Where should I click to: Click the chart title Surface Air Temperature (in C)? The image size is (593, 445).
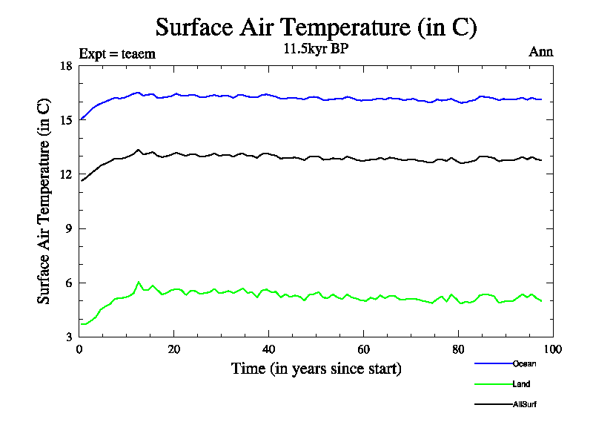pos(316,27)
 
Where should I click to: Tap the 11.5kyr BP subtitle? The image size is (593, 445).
pos(316,50)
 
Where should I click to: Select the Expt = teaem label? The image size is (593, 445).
pos(117,53)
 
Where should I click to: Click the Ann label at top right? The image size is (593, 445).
pos(541,52)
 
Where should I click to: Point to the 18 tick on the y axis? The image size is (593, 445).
pos(65,66)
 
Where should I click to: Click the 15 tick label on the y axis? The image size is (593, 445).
pos(65,120)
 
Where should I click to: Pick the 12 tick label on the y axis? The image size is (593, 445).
pos(65,174)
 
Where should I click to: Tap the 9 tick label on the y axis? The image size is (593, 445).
pos(68,228)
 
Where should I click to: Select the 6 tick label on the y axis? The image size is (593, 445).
pos(68,283)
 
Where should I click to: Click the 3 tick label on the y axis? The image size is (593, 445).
pos(68,337)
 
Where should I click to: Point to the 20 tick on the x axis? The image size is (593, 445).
pos(174,349)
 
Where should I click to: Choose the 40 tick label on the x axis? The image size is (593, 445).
pos(269,349)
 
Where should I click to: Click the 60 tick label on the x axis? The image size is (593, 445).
pos(363,349)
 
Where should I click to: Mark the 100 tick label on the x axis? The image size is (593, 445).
pos(553,349)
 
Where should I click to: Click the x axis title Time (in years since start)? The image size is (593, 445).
pos(316,368)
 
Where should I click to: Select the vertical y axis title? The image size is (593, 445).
pos(44,200)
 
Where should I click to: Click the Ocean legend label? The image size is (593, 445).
pos(524,363)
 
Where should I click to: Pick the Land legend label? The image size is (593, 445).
pos(521,384)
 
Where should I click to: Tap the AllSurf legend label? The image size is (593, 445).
pos(524,404)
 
